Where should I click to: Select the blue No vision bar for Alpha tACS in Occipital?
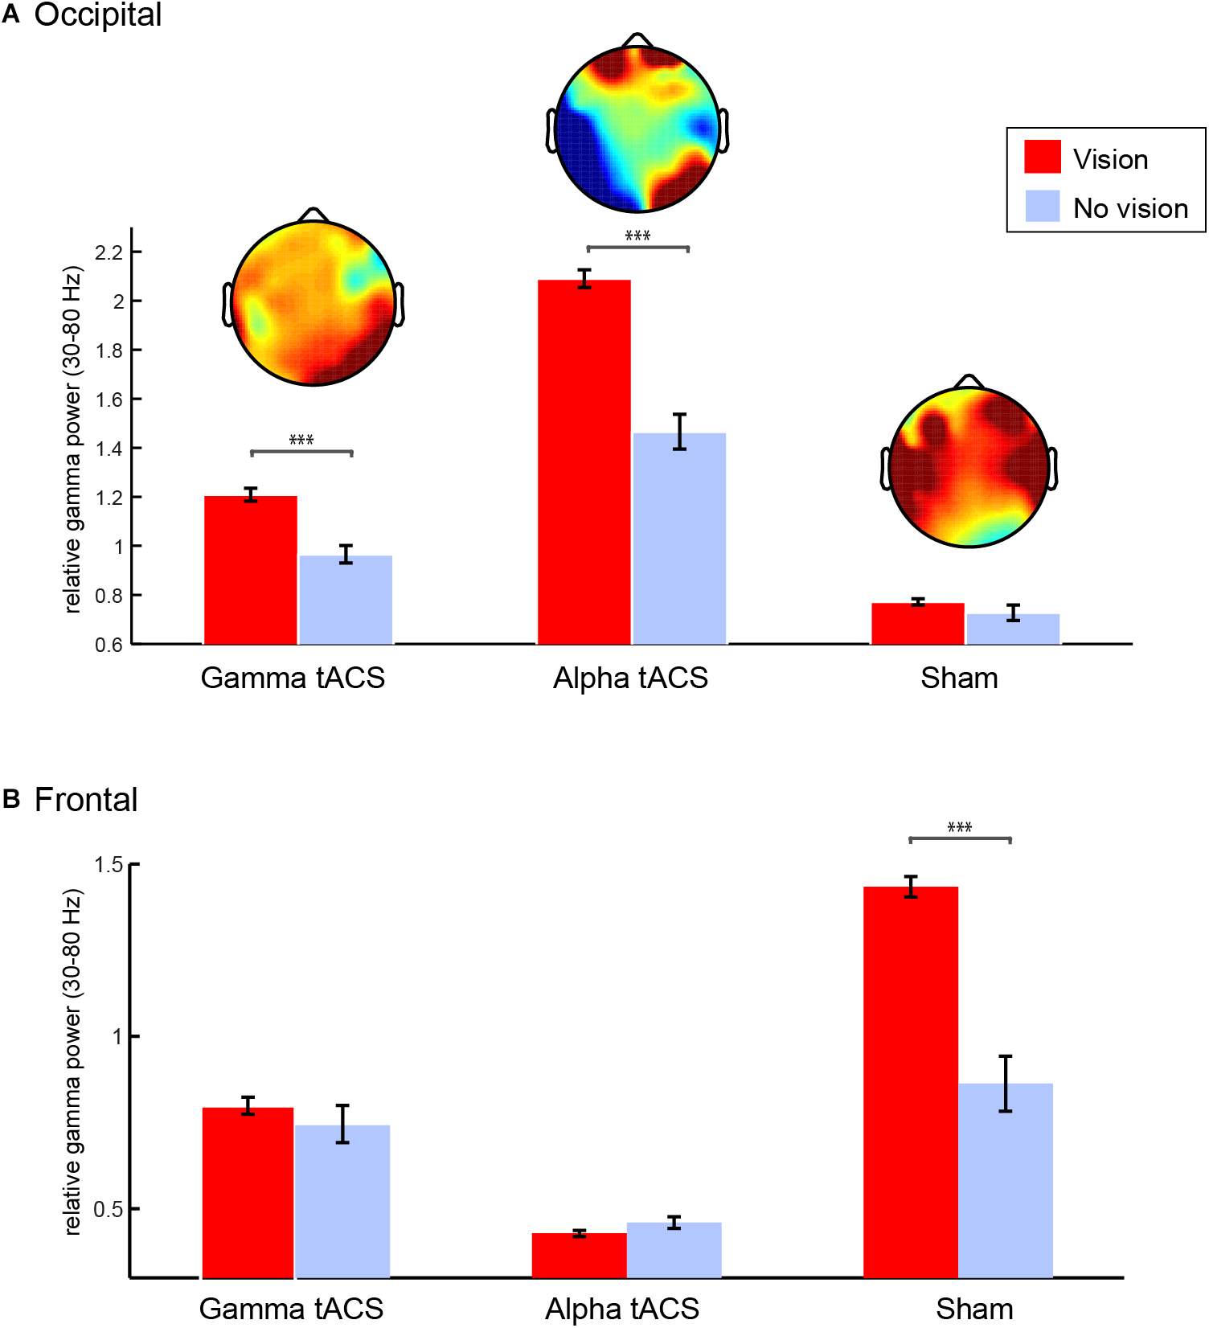tap(679, 539)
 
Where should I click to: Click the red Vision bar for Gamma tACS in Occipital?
tap(250, 570)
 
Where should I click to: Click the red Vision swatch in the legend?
tap(1042, 157)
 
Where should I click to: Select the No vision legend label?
tap(1129, 208)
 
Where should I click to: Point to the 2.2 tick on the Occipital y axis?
tap(109, 253)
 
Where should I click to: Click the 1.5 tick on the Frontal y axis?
tap(109, 865)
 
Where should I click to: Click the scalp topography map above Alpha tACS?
tap(637, 129)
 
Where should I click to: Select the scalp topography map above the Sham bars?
tap(969, 466)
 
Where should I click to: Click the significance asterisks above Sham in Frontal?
tap(959, 827)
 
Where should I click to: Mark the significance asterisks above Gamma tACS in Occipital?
tap(301, 440)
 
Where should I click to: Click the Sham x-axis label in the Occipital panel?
tap(959, 678)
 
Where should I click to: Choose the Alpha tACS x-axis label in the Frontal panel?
tap(621, 1309)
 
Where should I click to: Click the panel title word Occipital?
tap(97, 14)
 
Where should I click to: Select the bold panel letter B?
tap(11, 799)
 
